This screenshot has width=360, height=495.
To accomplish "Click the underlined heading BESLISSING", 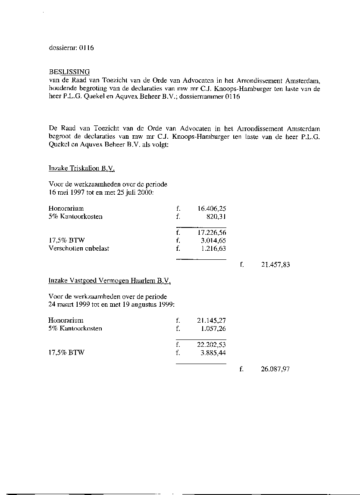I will pyautogui.click(x=69, y=72).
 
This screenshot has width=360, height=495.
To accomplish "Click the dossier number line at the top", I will pyautogui.click(x=71, y=48).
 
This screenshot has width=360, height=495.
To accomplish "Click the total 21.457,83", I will pyautogui.click(x=275, y=265).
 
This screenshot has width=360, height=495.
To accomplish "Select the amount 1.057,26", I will pyautogui.click(x=213, y=329).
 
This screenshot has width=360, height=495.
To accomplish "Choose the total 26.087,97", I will pyautogui.click(x=275, y=369).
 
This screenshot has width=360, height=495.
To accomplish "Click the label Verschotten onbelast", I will pyautogui.click(x=78, y=249).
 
